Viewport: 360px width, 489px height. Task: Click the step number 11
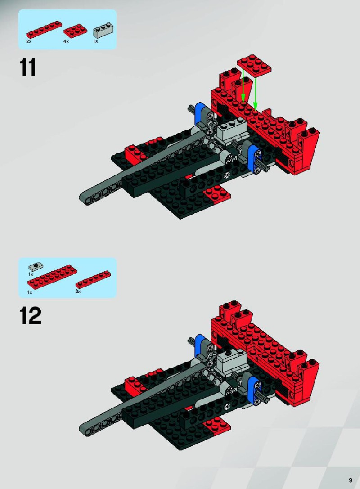[x=28, y=67]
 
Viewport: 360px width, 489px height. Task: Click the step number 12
[x=30, y=316]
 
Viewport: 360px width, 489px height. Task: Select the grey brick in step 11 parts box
[x=103, y=30]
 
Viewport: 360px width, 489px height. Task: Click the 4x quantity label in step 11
[x=66, y=41]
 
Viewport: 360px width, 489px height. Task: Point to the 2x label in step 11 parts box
[x=29, y=41]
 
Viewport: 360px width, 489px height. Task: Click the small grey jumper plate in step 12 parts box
[x=36, y=267]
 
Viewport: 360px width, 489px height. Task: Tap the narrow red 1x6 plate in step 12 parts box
[x=93, y=279]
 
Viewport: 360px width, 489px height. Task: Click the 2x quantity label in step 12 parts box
[x=78, y=291]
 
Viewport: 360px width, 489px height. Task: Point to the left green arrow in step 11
[x=243, y=86]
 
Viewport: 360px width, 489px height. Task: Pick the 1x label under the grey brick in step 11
[x=95, y=41]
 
